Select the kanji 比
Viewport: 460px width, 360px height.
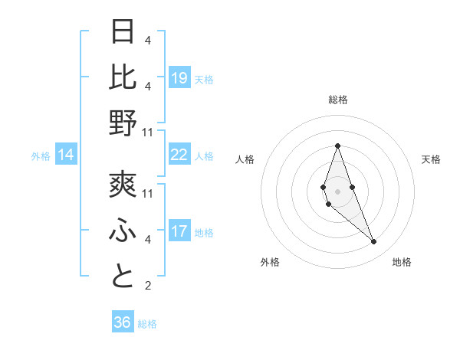[x=123, y=77]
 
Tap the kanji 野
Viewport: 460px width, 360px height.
[x=123, y=123]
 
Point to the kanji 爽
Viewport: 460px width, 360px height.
[x=123, y=186]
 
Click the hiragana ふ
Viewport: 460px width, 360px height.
[x=123, y=231]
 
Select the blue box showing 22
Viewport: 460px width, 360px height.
[x=179, y=155]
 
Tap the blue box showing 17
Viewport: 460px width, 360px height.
[x=179, y=231]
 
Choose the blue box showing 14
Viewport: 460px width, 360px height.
[x=66, y=155]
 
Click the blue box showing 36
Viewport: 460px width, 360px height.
[x=123, y=322]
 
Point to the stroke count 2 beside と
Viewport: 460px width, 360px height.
[x=148, y=286]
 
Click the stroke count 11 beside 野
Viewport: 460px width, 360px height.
[x=149, y=132]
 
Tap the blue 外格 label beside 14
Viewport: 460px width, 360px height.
[x=41, y=156]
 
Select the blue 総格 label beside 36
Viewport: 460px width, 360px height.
[x=148, y=324]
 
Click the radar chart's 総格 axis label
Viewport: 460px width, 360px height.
[x=337, y=100]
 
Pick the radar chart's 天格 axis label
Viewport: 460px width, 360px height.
[x=431, y=159]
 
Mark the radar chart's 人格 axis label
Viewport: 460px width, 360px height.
[x=245, y=159]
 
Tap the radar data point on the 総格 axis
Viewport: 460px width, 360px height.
[x=337, y=146]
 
